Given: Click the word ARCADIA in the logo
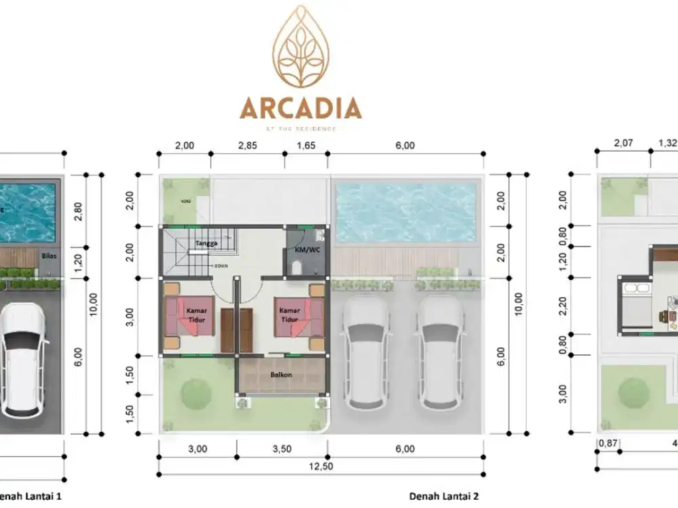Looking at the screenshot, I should click(x=300, y=108).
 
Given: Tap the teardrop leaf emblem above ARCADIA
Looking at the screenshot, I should click(x=300, y=47).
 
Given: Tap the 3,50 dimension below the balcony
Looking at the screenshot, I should click(x=281, y=448).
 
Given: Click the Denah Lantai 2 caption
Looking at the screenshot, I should click(x=444, y=496).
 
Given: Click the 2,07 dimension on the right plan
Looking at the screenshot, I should click(x=623, y=144).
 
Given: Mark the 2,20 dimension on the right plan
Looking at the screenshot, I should click(x=562, y=305).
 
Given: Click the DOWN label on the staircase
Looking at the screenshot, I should click(x=220, y=266).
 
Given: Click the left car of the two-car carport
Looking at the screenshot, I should click(x=366, y=352).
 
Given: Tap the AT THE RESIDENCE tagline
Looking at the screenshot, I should click(x=300, y=128).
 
